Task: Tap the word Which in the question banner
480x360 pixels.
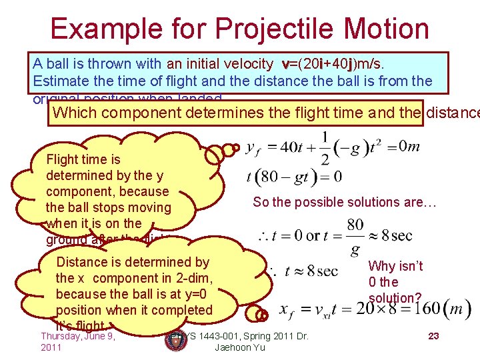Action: pyautogui.click(x=74, y=112)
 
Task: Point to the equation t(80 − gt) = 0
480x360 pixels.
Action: pyautogui.click(x=294, y=177)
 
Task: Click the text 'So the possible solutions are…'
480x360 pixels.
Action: pyautogui.click(x=344, y=202)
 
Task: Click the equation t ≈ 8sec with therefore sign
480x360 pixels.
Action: pyautogui.click(x=303, y=271)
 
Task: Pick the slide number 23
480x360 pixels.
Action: pyautogui.click(x=433, y=336)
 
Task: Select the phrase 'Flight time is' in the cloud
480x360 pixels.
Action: pyautogui.click(x=83, y=159)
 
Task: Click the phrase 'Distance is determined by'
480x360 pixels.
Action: pyautogui.click(x=133, y=262)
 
